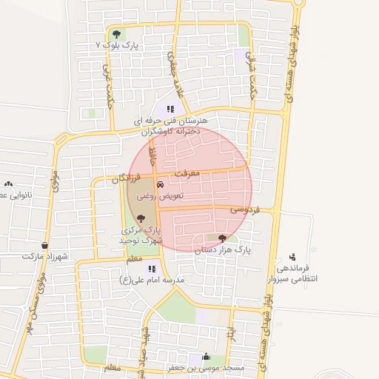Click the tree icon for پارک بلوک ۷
coord(115,34)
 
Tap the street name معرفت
coord(187,173)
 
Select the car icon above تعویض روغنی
coord(160,184)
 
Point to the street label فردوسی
coord(244,210)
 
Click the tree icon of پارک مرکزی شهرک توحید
coord(141,218)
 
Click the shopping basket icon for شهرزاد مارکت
coord(45,244)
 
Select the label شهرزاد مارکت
coord(45,256)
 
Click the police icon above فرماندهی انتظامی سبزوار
coord(293,255)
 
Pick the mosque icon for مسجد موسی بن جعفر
coord(204,356)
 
